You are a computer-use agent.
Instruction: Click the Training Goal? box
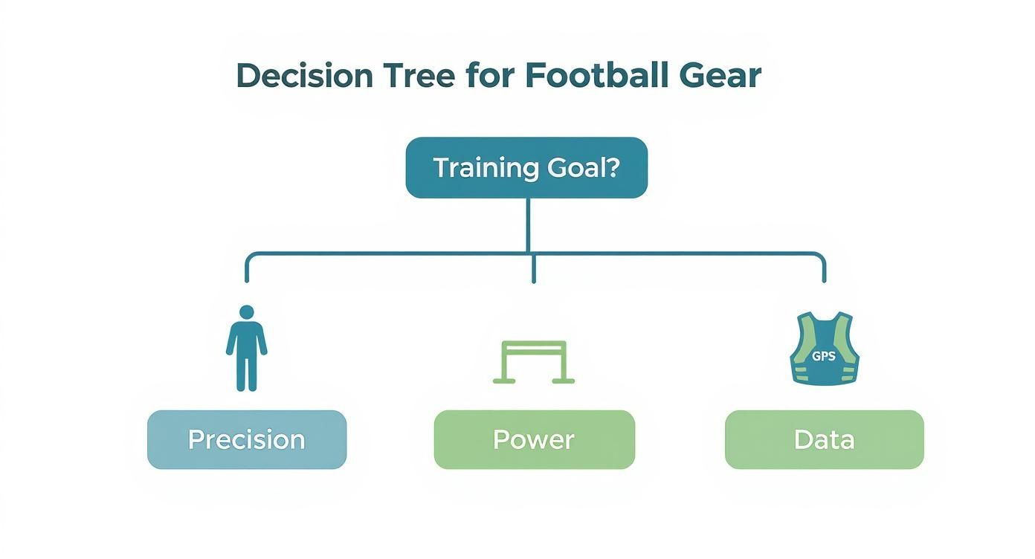coord(526,168)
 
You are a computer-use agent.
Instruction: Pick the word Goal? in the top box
coord(583,168)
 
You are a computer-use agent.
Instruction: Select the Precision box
coord(247,439)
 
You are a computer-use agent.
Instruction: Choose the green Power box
coord(534,439)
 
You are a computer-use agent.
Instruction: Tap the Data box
coord(824,439)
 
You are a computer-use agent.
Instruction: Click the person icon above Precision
coord(247,349)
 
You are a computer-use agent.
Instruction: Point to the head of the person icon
coord(247,311)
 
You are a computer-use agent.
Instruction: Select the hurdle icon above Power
coord(534,362)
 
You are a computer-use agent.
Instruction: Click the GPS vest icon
coord(824,349)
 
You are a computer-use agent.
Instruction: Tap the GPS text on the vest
coord(824,356)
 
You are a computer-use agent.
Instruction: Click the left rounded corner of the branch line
coord(250,257)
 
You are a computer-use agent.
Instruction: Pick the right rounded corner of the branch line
coord(820,257)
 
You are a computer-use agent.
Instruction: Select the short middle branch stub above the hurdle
coord(534,270)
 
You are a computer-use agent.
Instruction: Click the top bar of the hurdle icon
coord(534,344)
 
